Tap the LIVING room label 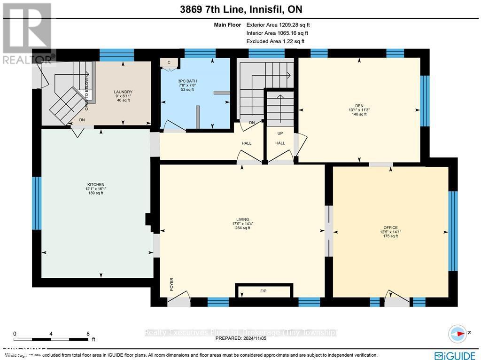pyautogui.click(x=243, y=219)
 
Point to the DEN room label pyautogui.click(x=359, y=106)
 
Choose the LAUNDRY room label pyautogui.click(x=123, y=92)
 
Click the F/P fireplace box pyautogui.click(x=264, y=291)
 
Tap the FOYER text pyautogui.click(x=172, y=283)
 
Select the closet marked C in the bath pyautogui.click(x=169, y=63)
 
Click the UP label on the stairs pyautogui.click(x=280, y=133)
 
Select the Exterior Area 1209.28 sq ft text pyautogui.click(x=278, y=25)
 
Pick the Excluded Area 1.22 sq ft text pyautogui.click(x=275, y=41)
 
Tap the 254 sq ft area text pyautogui.click(x=243, y=228)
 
